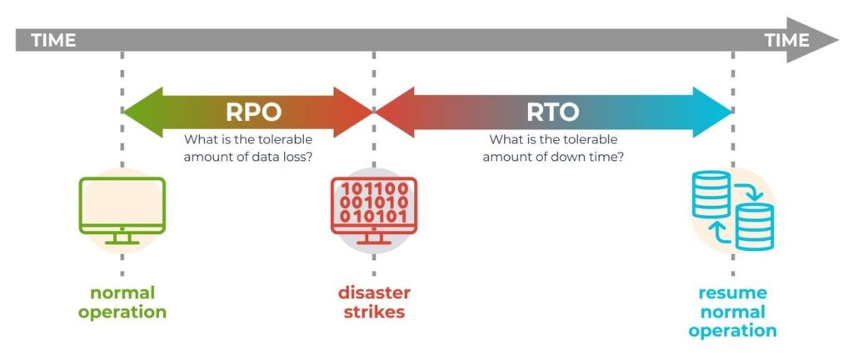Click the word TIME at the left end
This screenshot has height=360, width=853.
53,40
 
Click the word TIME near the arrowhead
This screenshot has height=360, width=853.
786,40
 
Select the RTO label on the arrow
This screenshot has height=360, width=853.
552,112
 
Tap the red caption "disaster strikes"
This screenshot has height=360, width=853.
373,303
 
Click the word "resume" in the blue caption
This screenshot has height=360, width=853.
733,293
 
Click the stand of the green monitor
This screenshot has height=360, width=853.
122,237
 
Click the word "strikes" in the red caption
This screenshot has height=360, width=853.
373,313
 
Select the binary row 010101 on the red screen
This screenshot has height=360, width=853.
373,217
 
